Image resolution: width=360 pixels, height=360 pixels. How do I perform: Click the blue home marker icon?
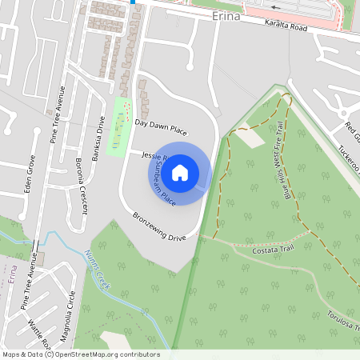pyautogui.click(x=180, y=172)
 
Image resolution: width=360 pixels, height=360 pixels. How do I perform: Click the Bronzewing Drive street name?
pyautogui.click(x=159, y=227)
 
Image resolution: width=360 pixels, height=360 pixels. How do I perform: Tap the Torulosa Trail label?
pyautogui.click(x=343, y=315)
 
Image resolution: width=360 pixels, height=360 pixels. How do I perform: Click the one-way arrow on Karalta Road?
pyautogui.click(x=275, y=7)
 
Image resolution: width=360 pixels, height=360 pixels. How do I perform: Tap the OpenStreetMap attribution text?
pyautogui.click(x=80, y=354)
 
